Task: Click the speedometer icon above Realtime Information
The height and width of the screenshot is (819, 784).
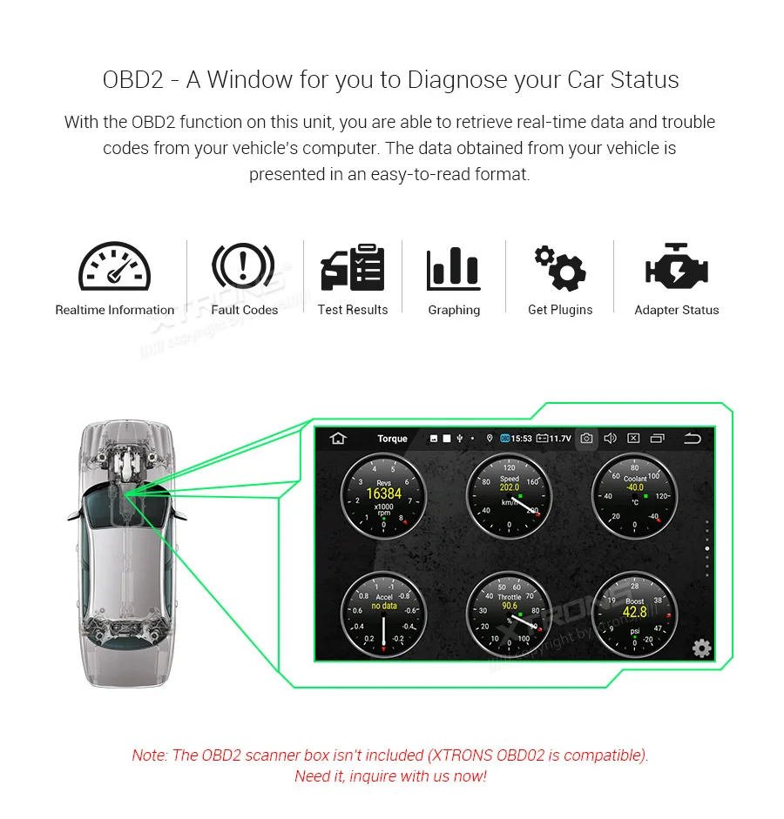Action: (114, 267)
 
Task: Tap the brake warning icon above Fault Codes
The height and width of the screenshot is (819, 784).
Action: (243, 267)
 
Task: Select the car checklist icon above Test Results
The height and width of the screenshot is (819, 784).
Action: (352, 268)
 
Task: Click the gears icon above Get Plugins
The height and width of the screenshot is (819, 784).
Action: (559, 268)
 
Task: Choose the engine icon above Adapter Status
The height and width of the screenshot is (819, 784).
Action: (676, 268)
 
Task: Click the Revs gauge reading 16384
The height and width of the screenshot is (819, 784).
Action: (383, 495)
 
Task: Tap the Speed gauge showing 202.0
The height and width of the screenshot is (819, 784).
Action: (509, 495)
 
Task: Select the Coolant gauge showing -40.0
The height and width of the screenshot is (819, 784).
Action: (635, 495)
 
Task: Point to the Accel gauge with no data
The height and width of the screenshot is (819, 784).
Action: (383, 613)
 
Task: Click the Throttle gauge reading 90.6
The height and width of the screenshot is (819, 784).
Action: (509, 613)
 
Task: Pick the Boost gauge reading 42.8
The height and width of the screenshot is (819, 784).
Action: (635, 613)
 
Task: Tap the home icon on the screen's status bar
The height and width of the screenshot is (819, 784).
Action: (337, 439)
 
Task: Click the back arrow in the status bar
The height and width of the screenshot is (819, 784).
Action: (692, 439)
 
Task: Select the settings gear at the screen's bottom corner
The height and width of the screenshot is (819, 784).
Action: (701, 648)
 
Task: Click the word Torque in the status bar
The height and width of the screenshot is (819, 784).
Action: (392, 439)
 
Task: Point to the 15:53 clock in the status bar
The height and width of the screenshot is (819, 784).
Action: (521, 439)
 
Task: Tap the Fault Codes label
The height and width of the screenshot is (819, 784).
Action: (244, 310)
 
